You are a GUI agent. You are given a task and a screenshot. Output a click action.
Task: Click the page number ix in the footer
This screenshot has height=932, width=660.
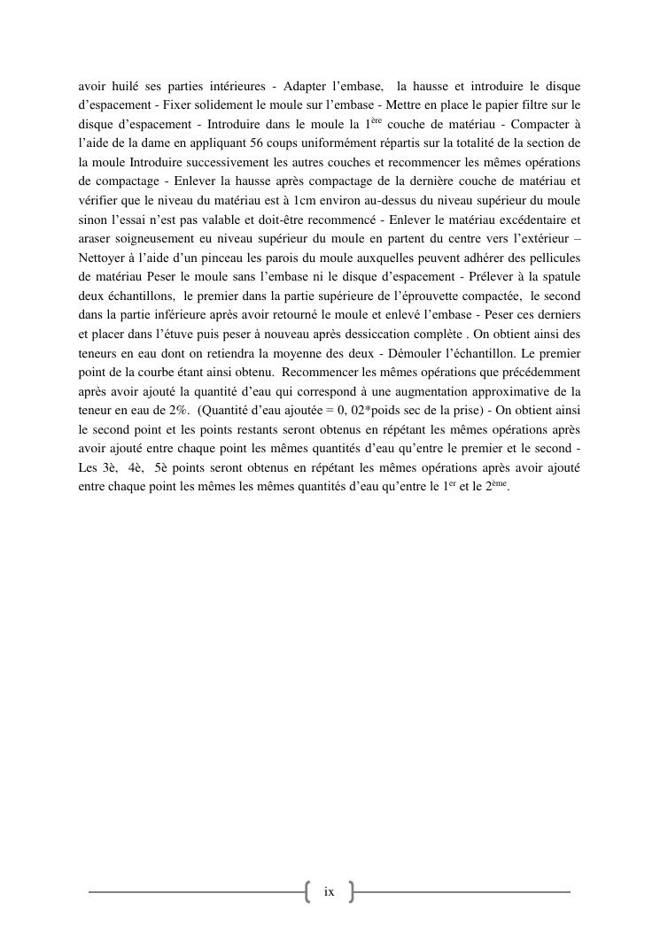[x=329, y=891]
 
